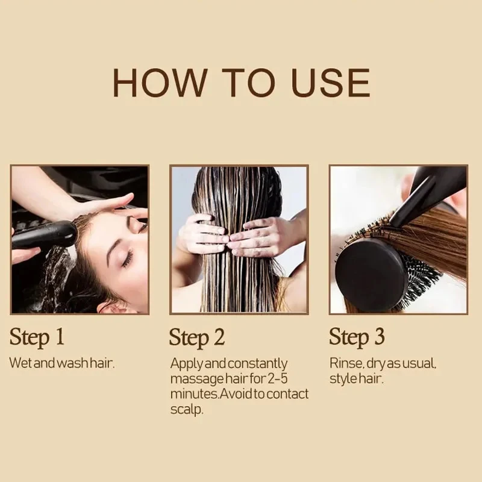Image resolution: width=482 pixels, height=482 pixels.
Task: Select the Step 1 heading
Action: (37, 337)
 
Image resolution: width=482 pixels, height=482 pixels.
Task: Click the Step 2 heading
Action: (197, 337)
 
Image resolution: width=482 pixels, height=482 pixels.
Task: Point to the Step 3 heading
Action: (357, 337)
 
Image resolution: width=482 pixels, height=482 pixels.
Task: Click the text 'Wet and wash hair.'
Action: (61, 363)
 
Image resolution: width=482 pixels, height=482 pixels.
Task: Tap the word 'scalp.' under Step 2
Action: (187, 409)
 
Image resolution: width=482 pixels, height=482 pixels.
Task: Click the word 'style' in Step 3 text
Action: (343, 379)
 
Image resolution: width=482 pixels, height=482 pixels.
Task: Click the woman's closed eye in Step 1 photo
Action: (127, 258)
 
